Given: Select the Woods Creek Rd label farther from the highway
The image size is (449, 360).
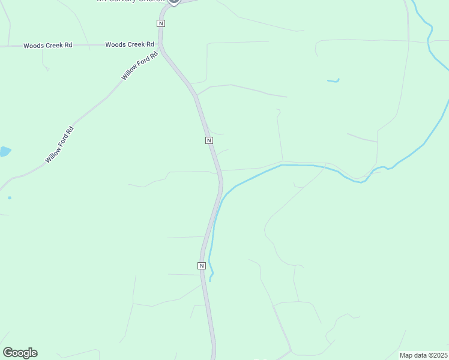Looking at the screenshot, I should [49, 46].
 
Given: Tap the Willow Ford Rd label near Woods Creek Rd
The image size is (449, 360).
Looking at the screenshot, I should [140, 65].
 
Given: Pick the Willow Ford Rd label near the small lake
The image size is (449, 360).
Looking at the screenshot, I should [59, 145].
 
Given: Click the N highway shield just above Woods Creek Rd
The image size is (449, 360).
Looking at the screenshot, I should [160, 23].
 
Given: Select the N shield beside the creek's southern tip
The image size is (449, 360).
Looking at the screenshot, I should [202, 265].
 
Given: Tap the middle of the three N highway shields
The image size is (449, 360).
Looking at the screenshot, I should [209, 140].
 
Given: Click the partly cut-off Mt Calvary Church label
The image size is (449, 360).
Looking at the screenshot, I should [130, 1].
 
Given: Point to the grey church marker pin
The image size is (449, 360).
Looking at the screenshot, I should [174, 1].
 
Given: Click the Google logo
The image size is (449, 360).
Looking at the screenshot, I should [20, 353].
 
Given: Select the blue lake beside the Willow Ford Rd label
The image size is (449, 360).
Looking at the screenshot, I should [4, 151].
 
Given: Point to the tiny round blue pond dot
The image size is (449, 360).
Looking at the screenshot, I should [10, 197].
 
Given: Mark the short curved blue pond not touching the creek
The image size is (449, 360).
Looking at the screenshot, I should [333, 80].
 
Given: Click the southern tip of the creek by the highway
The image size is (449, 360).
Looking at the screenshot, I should [210, 280].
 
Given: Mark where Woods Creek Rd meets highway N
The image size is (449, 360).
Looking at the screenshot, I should [160, 44].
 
